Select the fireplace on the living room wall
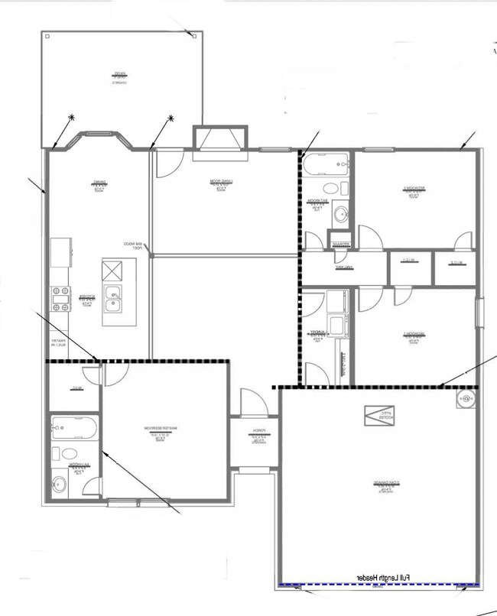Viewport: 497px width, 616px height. (221, 140)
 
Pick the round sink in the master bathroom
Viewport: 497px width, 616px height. (60, 483)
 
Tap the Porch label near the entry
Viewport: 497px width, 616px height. (259, 433)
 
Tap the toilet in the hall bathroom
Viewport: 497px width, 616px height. (332, 189)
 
